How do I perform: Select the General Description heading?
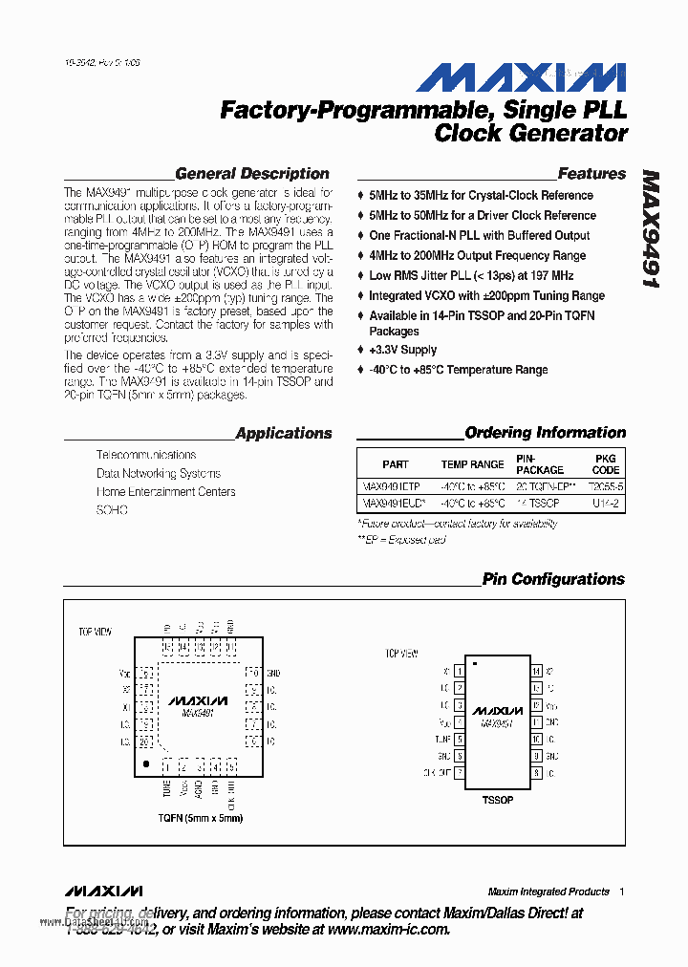click(x=252, y=174)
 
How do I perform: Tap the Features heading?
click(x=591, y=174)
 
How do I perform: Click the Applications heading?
click(x=284, y=433)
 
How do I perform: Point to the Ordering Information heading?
click(x=545, y=433)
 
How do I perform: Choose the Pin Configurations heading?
click(x=553, y=579)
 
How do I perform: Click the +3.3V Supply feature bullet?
click(x=402, y=350)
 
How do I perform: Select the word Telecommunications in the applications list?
click(x=146, y=455)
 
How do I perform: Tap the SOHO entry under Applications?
click(x=112, y=510)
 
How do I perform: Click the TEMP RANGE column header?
click(x=472, y=464)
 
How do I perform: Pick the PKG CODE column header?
click(x=606, y=464)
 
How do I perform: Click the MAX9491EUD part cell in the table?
click(x=394, y=503)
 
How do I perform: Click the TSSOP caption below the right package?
click(x=497, y=799)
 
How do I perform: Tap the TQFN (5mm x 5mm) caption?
click(x=201, y=818)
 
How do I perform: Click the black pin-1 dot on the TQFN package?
click(x=145, y=764)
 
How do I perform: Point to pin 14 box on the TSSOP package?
click(x=537, y=672)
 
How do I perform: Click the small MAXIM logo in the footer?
click(x=105, y=891)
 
